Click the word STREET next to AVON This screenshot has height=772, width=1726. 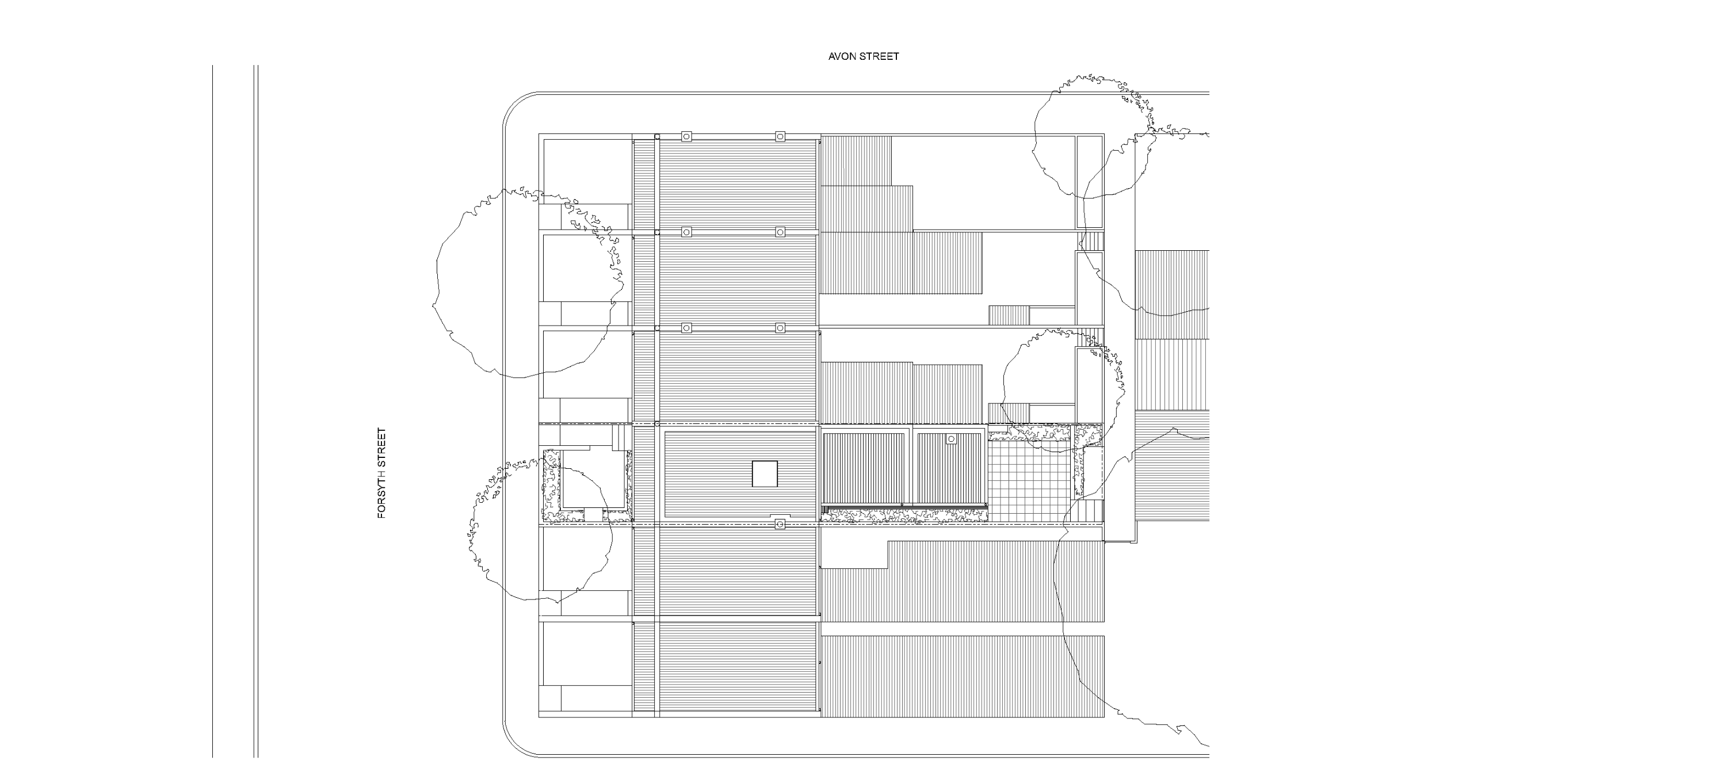[x=880, y=56]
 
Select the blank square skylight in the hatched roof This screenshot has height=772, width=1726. [x=765, y=474]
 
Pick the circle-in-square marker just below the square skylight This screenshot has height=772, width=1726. [x=779, y=524]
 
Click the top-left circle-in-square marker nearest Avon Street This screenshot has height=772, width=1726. [x=686, y=137]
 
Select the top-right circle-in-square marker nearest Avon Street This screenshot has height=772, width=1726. [x=780, y=137]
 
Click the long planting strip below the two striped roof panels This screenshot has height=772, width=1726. [x=904, y=515]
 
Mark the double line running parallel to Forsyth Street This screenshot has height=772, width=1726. [x=256, y=402]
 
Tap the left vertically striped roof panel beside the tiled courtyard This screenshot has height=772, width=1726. [x=863, y=468]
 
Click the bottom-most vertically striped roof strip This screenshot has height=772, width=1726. [x=962, y=675]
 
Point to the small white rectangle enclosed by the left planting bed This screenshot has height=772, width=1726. [x=594, y=479]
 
